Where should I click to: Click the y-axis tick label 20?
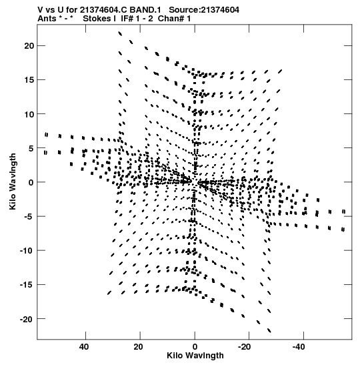click(29, 46)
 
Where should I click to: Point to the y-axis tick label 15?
click(29, 80)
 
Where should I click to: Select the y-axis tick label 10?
click(29, 114)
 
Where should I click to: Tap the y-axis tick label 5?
click(31, 148)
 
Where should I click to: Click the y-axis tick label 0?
click(31, 182)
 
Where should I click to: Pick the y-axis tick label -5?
click(29, 216)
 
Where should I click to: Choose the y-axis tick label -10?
click(27, 250)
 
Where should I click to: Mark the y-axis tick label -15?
click(27, 285)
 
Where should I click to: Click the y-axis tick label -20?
click(27, 319)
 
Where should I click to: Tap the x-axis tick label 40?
click(84, 347)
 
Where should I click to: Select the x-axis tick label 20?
click(139, 347)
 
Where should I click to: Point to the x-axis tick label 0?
click(195, 347)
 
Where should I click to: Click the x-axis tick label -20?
click(245, 347)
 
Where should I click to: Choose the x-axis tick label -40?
click(299, 347)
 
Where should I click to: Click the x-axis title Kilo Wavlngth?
click(195, 356)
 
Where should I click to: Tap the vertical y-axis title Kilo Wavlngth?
click(13, 181)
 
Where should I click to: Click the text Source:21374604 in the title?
click(204, 10)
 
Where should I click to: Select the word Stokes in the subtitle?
click(97, 19)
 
